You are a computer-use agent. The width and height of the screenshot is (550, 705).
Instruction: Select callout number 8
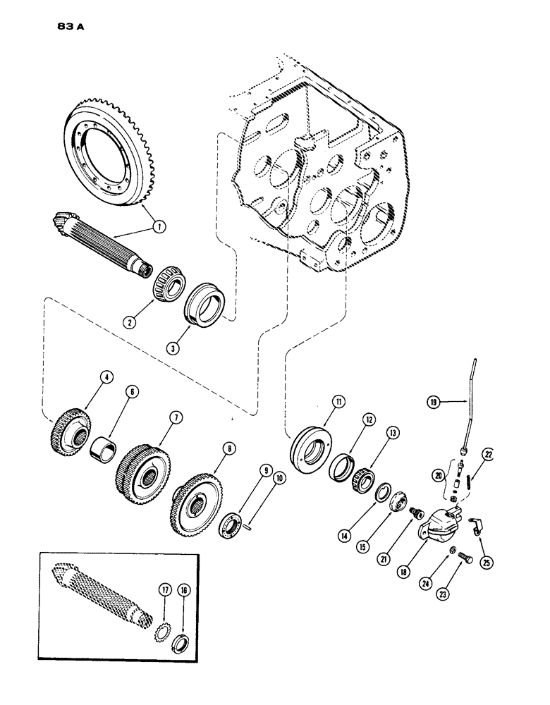coord(210,447)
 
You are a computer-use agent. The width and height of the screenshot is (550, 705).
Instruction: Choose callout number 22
coord(489,455)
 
